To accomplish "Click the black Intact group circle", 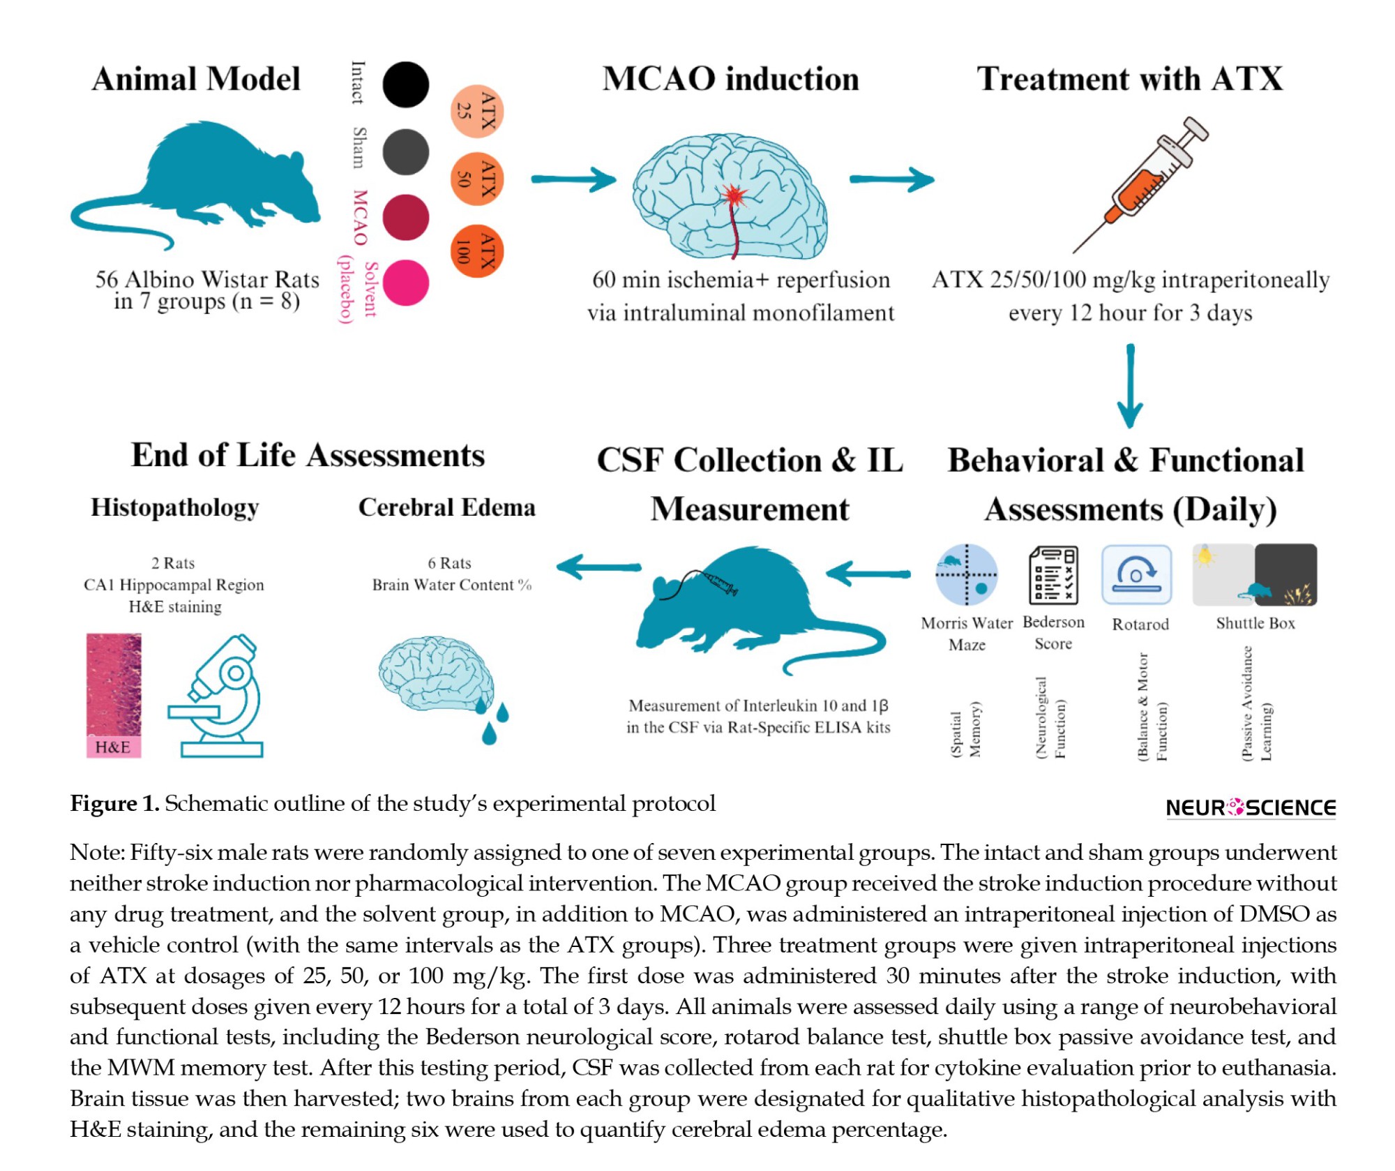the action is point(405,84).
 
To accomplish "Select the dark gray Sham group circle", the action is point(405,152).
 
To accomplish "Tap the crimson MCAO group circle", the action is point(405,218).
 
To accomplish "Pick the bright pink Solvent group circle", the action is point(405,283).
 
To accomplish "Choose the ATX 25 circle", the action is point(477,112).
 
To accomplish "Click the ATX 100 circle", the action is point(477,251).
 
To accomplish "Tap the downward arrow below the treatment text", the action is point(1130,386).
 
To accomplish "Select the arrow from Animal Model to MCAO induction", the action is point(573,179).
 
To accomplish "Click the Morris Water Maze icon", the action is point(966,574).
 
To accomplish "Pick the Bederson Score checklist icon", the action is point(1053,575).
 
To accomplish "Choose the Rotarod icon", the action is point(1137,574).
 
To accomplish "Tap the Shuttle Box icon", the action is point(1255,574).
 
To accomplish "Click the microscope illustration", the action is point(216,696).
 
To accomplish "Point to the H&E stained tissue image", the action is point(114,696).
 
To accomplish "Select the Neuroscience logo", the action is point(1251,807).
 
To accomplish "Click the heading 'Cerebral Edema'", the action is point(447,507).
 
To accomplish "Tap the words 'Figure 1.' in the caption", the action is point(115,803).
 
